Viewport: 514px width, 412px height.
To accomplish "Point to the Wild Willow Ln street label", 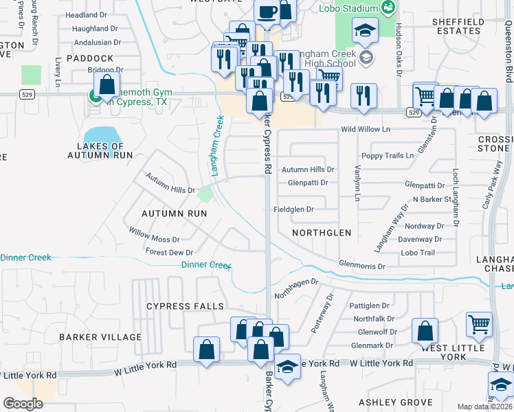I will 365,129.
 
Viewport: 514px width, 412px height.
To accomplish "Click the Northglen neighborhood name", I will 322,233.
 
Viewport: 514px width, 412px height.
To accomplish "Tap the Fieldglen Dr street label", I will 293,209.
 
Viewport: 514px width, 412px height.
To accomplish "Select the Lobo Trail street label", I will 418,253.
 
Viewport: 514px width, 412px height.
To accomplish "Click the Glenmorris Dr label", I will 363,265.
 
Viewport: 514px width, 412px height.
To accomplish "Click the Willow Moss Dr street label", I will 154,239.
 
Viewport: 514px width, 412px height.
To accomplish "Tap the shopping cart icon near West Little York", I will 479,324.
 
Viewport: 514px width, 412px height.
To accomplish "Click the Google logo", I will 23,404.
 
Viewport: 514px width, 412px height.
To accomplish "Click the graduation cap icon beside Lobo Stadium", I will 365,30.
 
